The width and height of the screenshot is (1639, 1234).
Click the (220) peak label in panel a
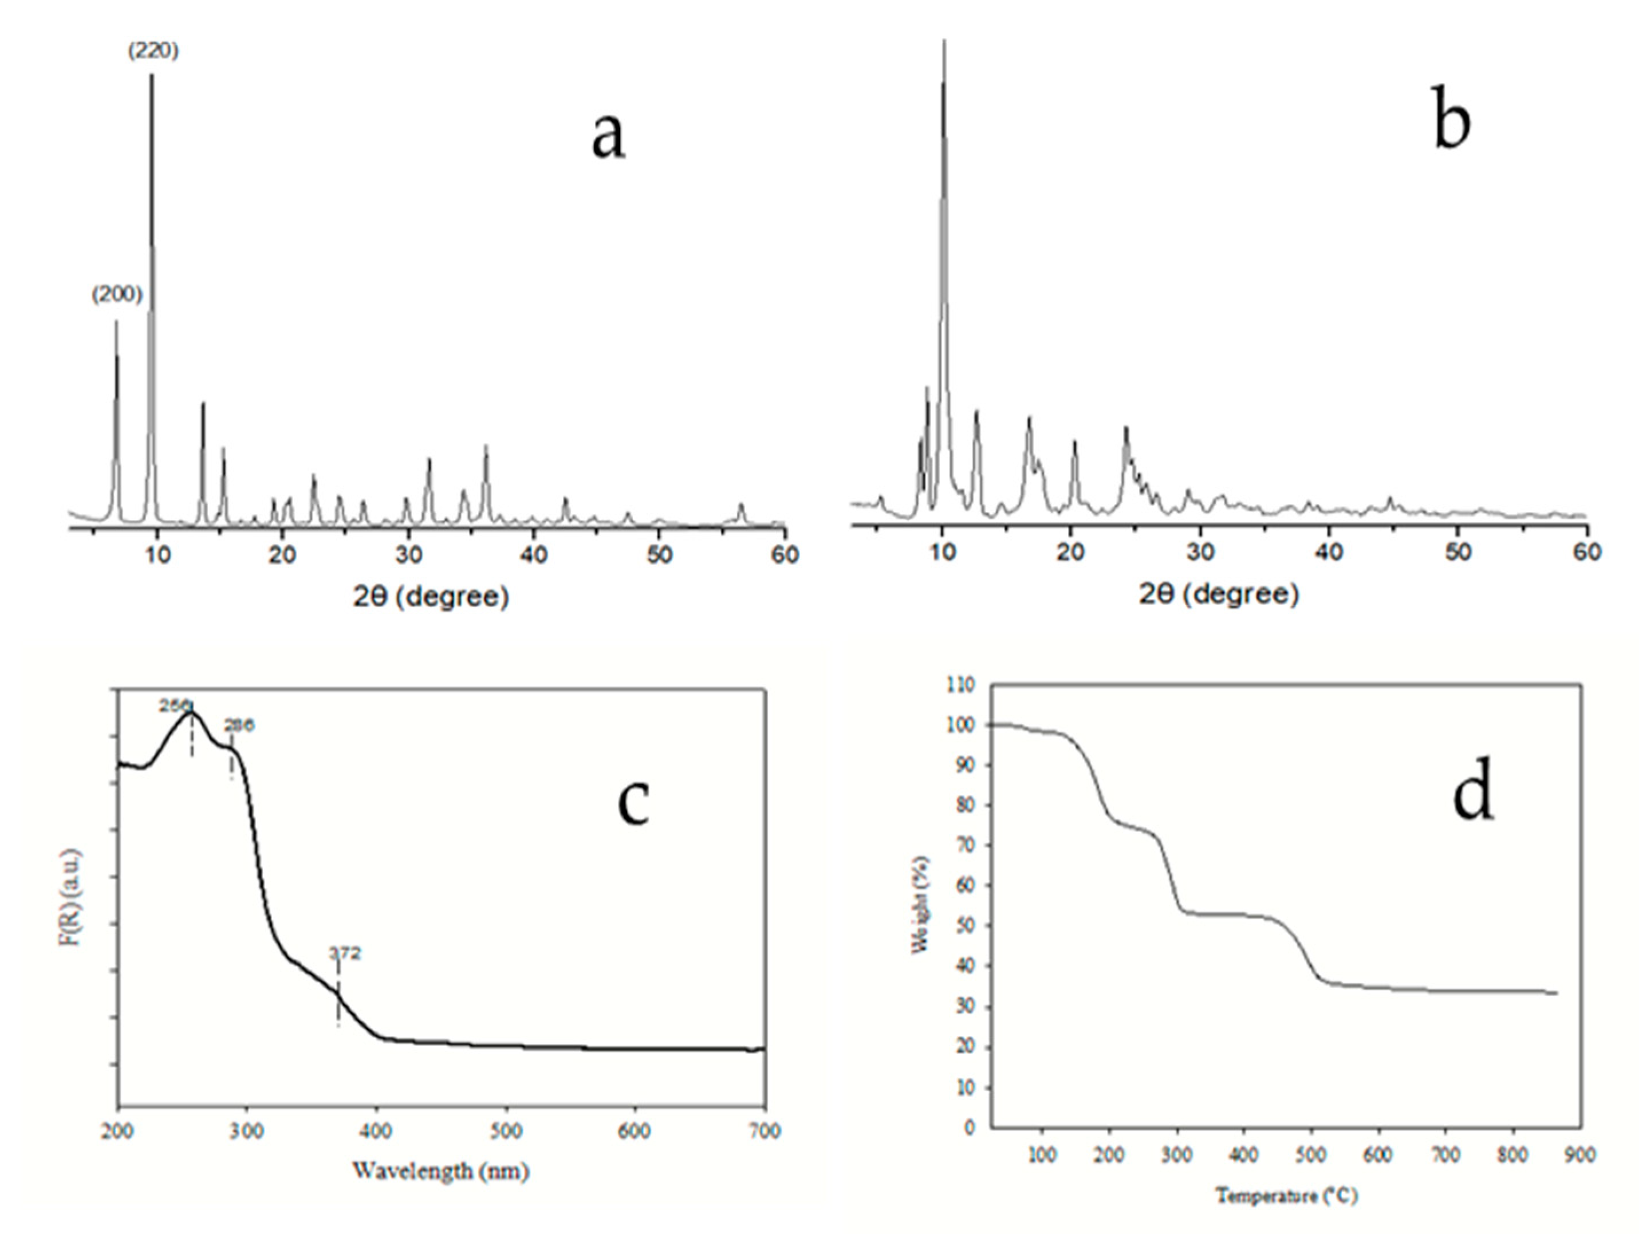click(x=153, y=51)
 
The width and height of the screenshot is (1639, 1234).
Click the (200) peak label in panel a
click(x=116, y=295)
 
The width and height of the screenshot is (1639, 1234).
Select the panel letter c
click(x=633, y=803)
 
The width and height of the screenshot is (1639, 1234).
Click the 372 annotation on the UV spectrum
click(x=345, y=953)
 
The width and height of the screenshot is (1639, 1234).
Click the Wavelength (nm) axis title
click(x=441, y=1171)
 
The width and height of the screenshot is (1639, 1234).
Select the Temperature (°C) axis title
click(x=1286, y=1196)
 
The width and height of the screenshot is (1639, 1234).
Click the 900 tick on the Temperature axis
click(x=1579, y=1156)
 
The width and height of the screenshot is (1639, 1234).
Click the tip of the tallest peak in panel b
click(x=944, y=41)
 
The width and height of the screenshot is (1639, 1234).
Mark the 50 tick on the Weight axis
click(x=966, y=926)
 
